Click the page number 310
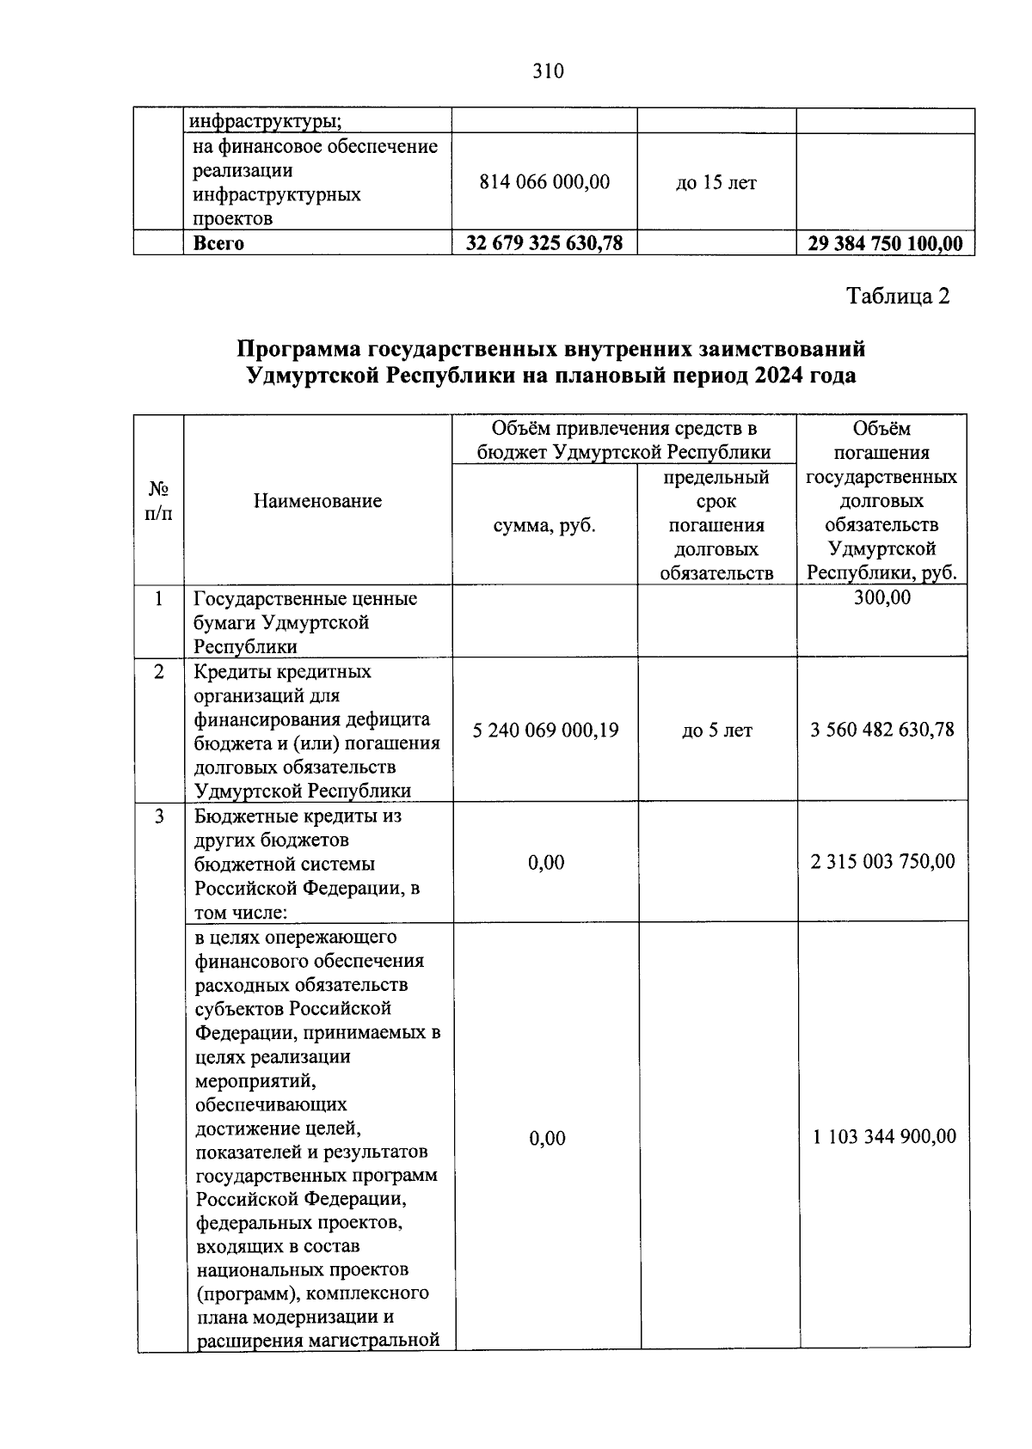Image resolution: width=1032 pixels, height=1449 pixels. pyautogui.click(x=548, y=71)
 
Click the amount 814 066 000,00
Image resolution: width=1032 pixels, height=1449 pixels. pyautogui.click(x=544, y=182)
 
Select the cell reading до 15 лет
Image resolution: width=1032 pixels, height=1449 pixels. pyautogui.click(x=716, y=183)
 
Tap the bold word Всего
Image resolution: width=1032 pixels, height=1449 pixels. pyautogui.click(x=218, y=243)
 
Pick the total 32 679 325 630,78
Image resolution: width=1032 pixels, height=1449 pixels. pyautogui.click(x=544, y=243)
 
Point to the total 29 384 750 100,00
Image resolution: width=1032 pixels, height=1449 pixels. pyautogui.click(x=885, y=243)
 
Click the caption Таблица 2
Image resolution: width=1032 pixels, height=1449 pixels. pyautogui.click(x=898, y=297)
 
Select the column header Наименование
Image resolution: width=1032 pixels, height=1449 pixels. pyautogui.click(x=317, y=501)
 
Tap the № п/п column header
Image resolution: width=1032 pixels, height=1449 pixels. pyautogui.click(x=158, y=501)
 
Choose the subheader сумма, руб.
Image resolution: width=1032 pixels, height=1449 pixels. pyautogui.click(x=544, y=525)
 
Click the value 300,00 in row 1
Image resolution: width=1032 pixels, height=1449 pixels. pyautogui.click(x=881, y=598)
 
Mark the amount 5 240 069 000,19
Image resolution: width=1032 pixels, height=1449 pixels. pyautogui.click(x=545, y=731)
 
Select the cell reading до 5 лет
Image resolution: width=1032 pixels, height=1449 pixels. pyautogui.click(x=716, y=731)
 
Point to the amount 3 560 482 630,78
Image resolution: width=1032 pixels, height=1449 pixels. pyautogui.click(x=882, y=731)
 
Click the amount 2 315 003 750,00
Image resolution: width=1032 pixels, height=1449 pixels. pyautogui.click(x=882, y=862)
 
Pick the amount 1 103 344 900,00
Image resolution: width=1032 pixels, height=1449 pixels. pyautogui.click(x=884, y=1137)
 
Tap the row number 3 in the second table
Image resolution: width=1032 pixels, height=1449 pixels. pyautogui.click(x=159, y=816)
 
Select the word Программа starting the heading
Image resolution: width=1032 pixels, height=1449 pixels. pyautogui.click(x=298, y=350)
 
